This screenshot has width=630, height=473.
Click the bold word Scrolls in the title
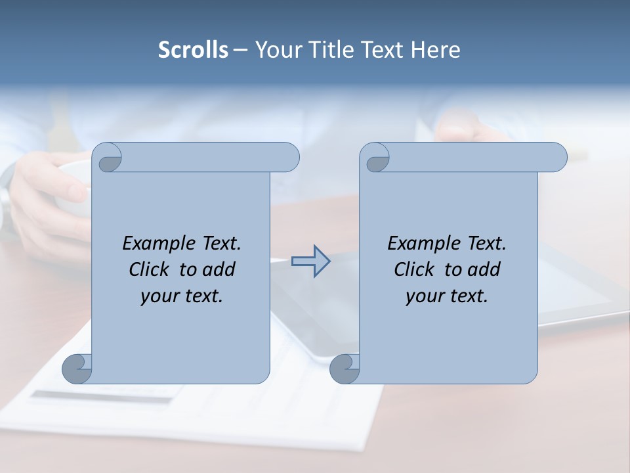tap(193, 50)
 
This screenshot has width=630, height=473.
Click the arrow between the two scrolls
tap(310, 261)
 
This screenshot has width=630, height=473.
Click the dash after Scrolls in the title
tap(240, 51)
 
